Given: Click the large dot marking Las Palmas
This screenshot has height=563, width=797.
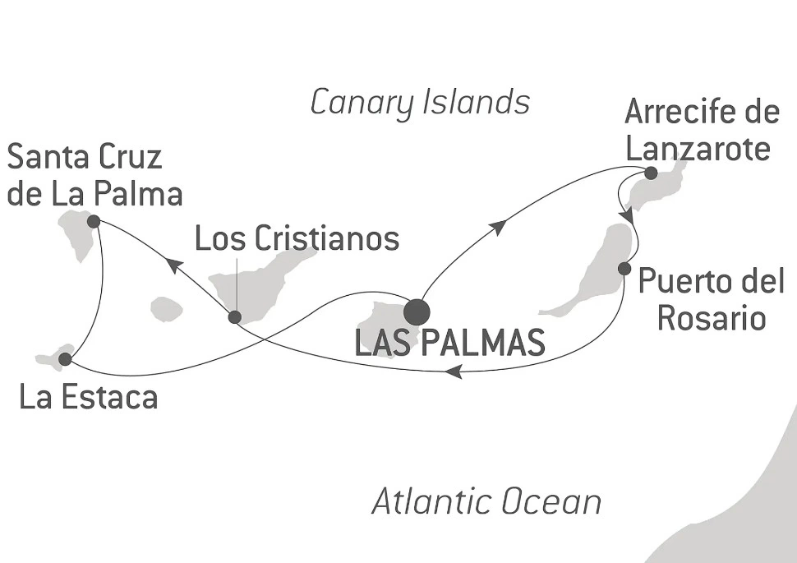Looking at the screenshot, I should [417, 311].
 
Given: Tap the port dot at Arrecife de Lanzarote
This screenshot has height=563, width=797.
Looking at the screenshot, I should [650, 173].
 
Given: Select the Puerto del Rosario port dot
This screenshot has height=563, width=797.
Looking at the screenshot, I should [624, 268].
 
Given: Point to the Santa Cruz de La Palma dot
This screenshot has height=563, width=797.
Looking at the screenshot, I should [93, 221].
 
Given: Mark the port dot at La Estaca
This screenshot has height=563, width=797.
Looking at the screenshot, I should [66, 359].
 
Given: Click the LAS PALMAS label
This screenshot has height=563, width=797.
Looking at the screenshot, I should [449, 343].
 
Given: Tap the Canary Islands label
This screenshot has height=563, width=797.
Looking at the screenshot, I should [420, 103].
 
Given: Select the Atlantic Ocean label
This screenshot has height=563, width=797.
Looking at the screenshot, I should [486, 501].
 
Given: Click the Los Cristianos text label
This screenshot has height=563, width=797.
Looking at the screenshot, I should [297, 238].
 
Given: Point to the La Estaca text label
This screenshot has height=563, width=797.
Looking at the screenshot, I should [89, 399].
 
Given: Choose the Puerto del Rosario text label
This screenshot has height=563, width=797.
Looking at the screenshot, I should [711, 299].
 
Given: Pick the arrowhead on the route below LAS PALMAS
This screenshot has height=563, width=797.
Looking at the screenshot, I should [452, 372].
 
